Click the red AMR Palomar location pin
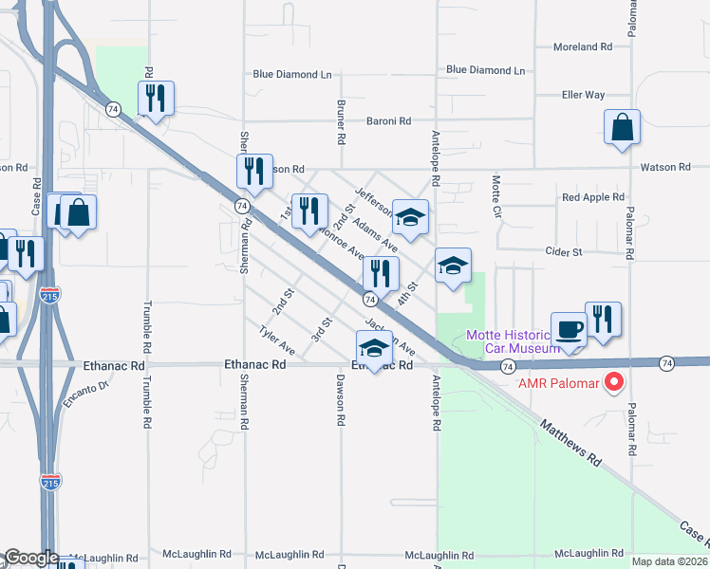(613, 382)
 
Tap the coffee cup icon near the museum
(569, 330)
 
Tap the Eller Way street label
(583, 95)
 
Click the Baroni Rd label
(389, 120)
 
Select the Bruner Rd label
(340, 121)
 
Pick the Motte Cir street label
(495, 193)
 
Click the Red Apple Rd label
(592, 197)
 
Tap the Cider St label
(563, 252)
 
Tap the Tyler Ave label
(277, 340)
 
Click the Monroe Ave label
(342, 241)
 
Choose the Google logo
(30, 559)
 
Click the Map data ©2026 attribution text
(669, 560)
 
